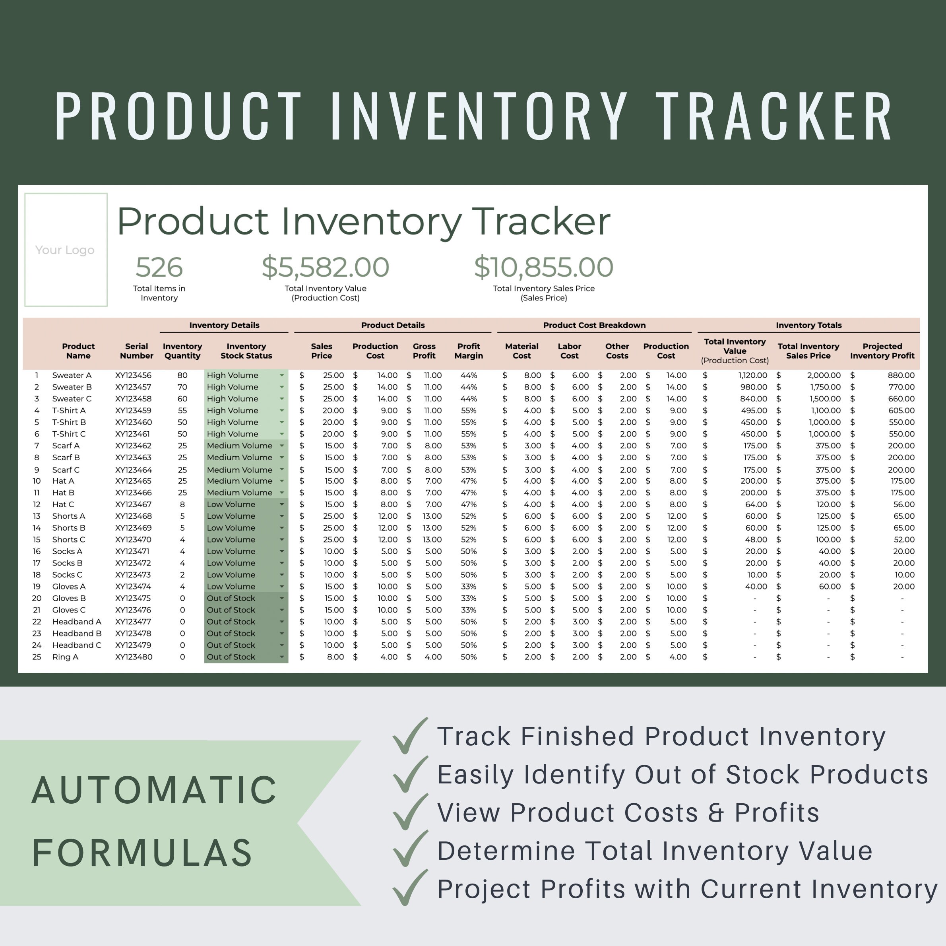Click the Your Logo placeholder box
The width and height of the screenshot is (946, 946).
tap(66, 250)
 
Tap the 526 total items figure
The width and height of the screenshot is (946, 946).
tap(159, 268)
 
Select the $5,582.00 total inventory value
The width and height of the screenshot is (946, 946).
tap(325, 268)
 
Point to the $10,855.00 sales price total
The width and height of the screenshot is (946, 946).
tap(543, 268)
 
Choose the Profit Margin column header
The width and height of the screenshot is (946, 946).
tap(468, 351)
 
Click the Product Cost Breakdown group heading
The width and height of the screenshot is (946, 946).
tap(594, 325)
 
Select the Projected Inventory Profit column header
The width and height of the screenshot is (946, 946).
tap(882, 351)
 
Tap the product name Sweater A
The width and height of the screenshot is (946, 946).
tap(72, 375)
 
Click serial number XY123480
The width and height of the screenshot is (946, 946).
tap(133, 657)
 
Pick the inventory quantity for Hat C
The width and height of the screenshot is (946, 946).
tap(182, 504)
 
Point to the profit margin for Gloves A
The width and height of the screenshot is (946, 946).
tap(468, 587)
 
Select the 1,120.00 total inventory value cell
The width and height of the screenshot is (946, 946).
tap(753, 375)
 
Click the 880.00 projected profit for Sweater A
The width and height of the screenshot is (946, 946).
tap(901, 375)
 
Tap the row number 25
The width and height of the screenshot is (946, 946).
tap(37, 657)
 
